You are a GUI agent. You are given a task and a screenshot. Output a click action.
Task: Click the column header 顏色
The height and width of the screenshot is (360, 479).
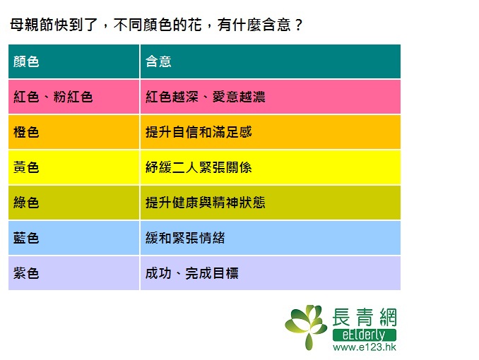point(26,61)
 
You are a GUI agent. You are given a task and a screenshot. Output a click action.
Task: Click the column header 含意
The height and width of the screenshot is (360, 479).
point(158,61)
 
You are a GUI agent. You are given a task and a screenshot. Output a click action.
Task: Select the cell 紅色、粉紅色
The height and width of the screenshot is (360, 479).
point(53,97)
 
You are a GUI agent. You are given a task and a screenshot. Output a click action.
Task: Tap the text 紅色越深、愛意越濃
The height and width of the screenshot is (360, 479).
point(206,97)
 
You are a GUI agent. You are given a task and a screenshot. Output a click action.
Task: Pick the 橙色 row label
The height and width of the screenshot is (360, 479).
point(26,132)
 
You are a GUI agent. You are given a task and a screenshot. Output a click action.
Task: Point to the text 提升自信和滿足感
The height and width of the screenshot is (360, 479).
point(199,132)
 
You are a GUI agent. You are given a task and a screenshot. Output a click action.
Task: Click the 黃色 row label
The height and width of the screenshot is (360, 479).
point(26,167)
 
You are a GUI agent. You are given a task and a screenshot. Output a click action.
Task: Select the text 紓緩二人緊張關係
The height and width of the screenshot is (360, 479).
point(199,167)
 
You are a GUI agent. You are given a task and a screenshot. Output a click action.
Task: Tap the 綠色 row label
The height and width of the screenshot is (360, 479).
point(26,203)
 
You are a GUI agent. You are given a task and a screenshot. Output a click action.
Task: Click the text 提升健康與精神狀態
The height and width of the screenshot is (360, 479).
point(206,203)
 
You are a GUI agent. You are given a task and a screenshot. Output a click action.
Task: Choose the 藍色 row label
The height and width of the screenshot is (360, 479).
point(26,238)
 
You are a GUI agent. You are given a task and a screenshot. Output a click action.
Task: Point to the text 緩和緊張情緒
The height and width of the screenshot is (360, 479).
point(185,238)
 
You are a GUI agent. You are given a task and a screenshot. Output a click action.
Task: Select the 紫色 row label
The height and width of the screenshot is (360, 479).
point(26,273)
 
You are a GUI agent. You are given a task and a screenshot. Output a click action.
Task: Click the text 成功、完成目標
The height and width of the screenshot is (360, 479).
point(192,273)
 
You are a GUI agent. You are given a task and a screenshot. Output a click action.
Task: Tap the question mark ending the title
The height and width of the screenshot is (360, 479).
point(298,25)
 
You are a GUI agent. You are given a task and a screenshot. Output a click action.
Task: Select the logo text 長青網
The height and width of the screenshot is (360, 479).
point(365,317)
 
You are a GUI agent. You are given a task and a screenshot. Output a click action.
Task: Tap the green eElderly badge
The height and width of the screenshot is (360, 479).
point(365,335)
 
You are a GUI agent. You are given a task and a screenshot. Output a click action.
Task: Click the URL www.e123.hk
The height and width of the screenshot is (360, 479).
point(365,347)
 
